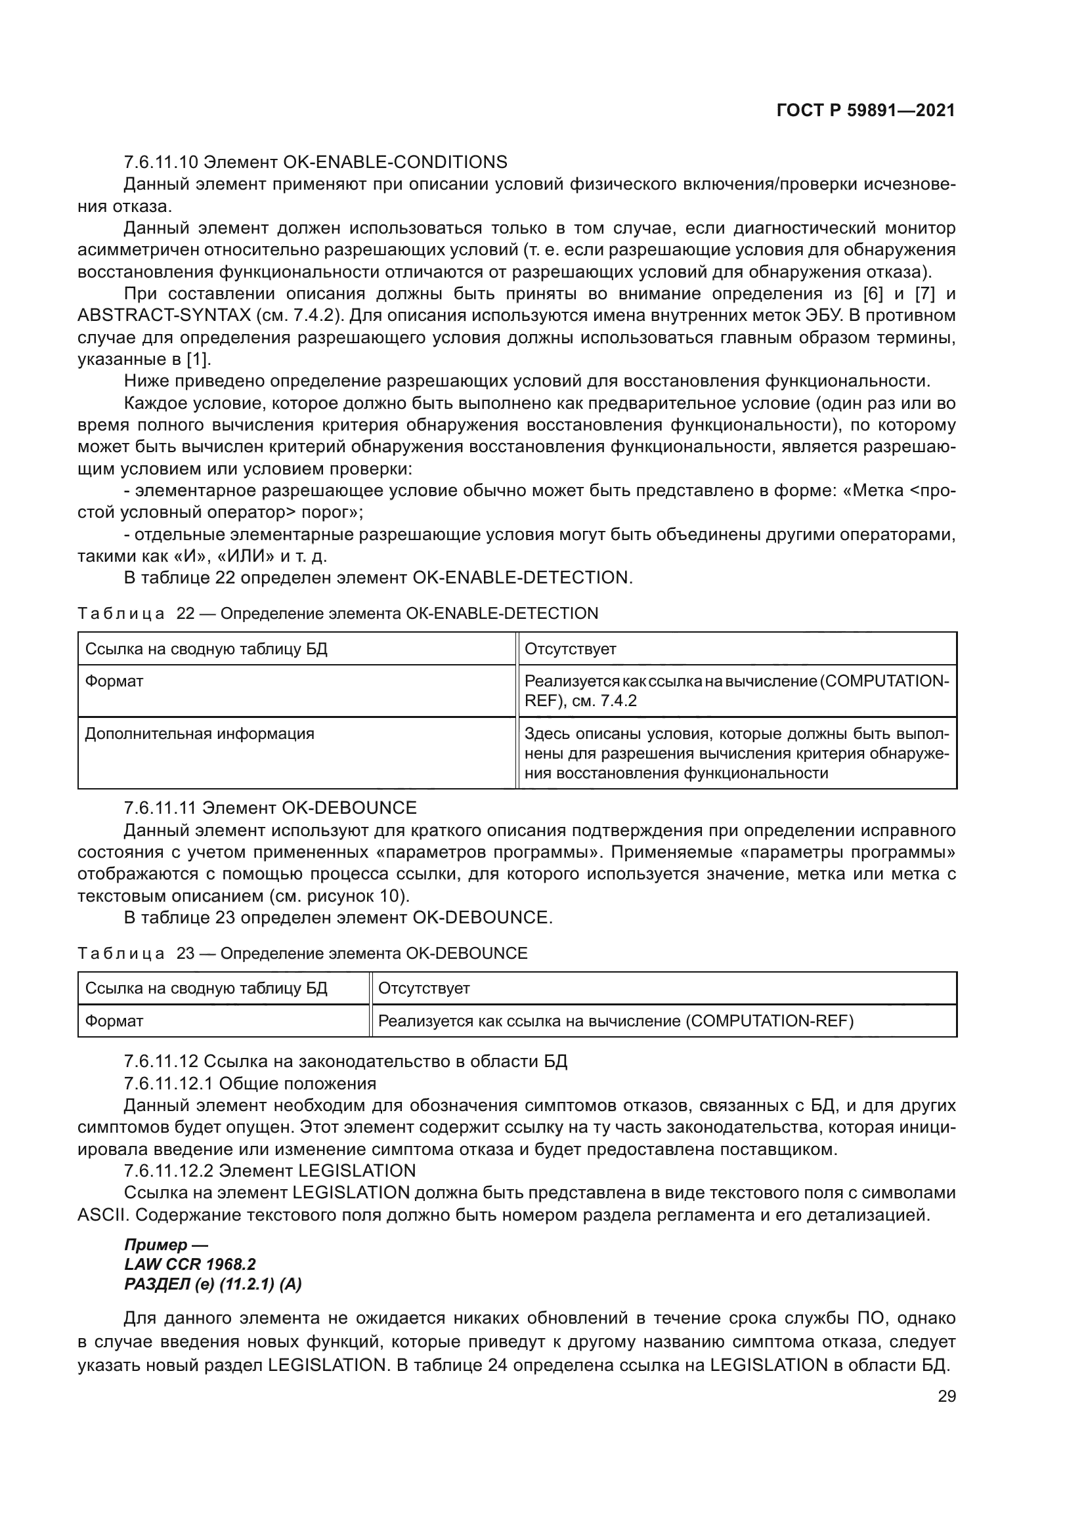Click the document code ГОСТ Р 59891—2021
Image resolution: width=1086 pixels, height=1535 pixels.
tap(865, 110)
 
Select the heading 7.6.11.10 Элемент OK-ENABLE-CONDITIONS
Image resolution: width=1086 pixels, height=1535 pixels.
tap(315, 162)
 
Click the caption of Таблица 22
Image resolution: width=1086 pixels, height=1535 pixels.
tap(337, 613)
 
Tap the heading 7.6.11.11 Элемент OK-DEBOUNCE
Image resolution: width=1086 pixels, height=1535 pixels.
tap(270, 808)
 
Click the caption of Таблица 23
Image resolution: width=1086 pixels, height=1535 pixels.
tap(302, 953)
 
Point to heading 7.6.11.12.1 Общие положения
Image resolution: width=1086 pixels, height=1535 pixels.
tap(250, 1083)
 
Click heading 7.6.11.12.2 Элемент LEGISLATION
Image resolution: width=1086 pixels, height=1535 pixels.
tap(269, 1170)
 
